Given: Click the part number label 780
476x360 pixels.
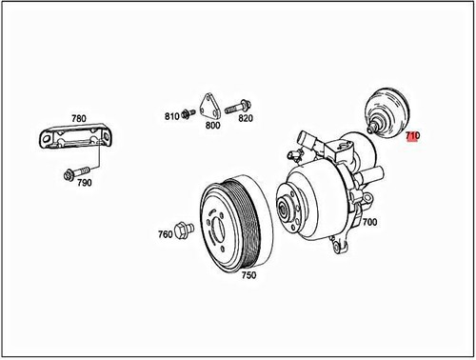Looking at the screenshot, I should pos(77,119).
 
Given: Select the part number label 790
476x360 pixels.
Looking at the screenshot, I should pos(84,182).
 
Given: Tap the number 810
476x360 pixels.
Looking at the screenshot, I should pos(172,115).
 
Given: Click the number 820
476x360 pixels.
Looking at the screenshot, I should pos(246,118).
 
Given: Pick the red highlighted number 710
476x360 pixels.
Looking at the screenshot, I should pos(412,136).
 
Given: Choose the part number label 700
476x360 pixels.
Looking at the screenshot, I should pos(369,222).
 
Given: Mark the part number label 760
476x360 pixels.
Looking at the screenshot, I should pos(165,232).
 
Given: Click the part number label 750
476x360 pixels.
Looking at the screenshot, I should pos(248,275).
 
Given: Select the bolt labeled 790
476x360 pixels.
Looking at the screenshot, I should pos(69,173).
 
